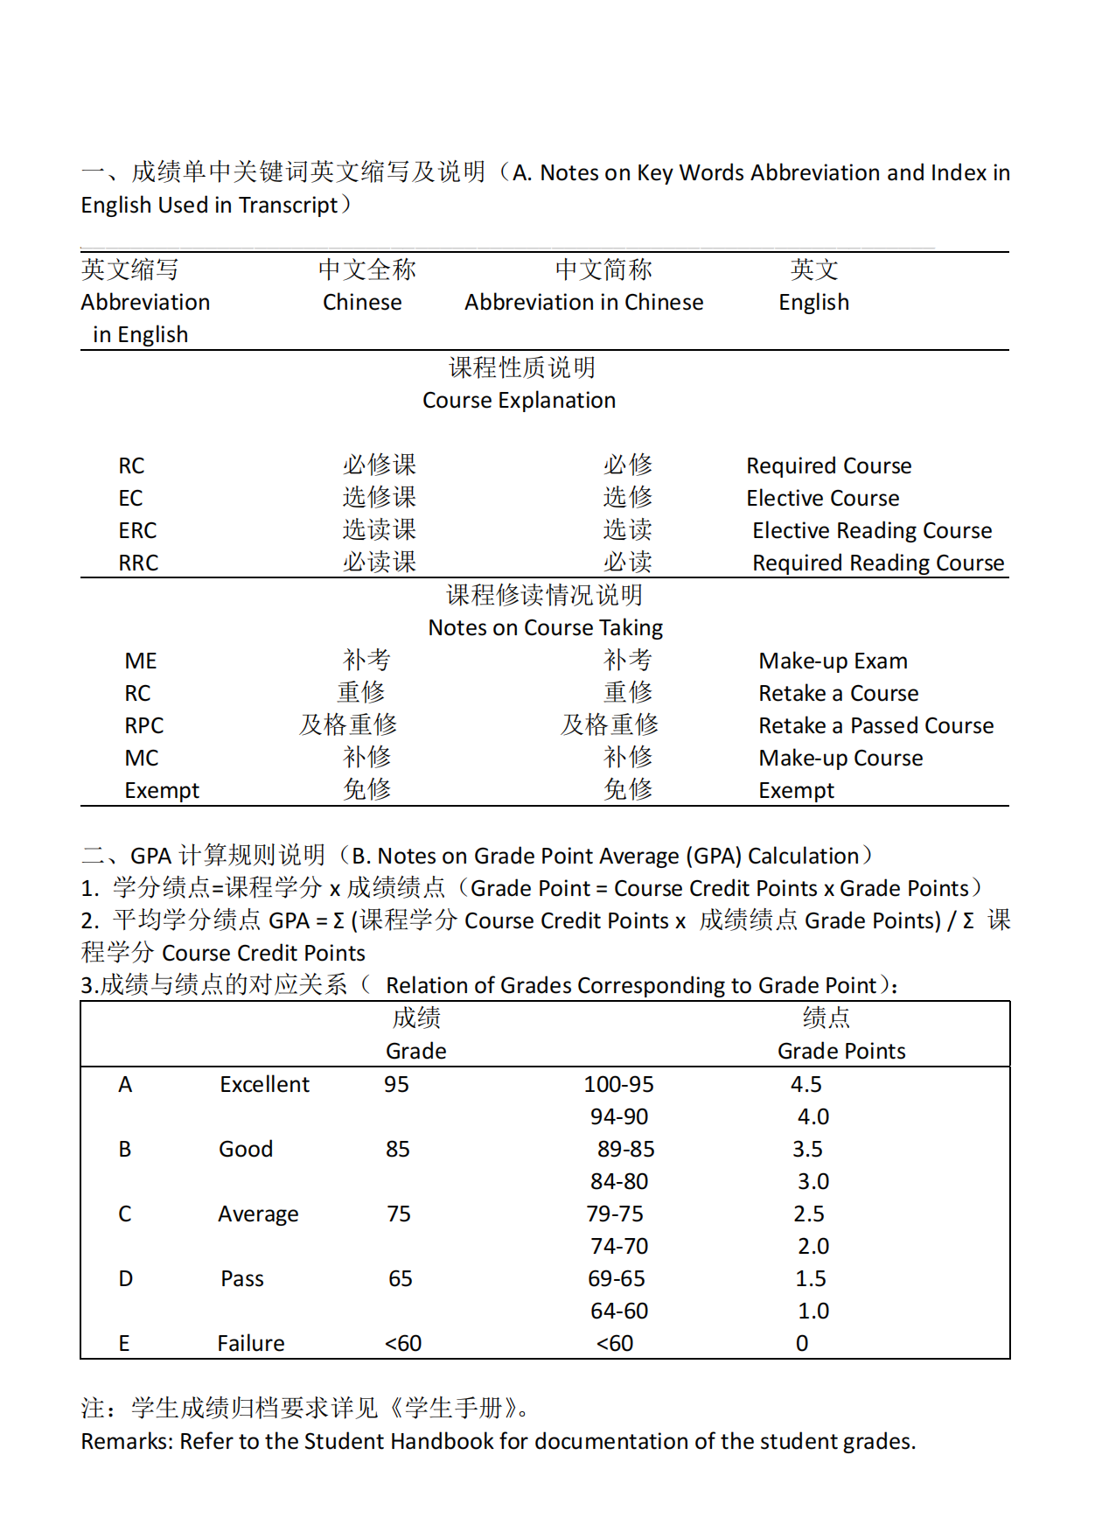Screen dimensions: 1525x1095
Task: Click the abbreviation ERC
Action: [x=137, y=530]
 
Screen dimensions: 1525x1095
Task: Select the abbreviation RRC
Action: [x=138, y=563]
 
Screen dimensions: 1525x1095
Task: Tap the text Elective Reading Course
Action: [x=872, y=530]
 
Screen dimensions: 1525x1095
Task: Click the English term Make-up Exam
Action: [x=833, y=661]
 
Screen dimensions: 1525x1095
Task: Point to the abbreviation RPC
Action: [x=143, y=725]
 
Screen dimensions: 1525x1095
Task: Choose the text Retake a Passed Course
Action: [x=875, y=725]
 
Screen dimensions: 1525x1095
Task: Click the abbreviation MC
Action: [x=142, y=758]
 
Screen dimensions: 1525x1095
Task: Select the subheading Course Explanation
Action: [x=519, y=400]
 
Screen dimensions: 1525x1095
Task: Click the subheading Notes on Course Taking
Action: [x=545, y=627]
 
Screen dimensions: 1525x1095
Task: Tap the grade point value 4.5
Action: [x=806, y=1084]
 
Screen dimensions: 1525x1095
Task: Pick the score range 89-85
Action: [x=625, y=1149]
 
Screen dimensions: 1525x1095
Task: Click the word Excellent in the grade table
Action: [x=264, y=1084]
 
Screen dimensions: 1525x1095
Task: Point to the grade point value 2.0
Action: [x=813, y=1246]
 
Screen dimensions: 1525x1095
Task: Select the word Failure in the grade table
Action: [x=251, y=1343]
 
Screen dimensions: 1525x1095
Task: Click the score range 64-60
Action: [x=619, y=1311]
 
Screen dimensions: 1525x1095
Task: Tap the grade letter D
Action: [x=125, y=1278]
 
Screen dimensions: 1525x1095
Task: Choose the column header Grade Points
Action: [x=841, y=1051]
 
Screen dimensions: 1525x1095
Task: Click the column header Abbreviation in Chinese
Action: [x=583, y=302]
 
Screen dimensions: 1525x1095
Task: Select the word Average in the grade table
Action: [x=258, y=1214]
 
